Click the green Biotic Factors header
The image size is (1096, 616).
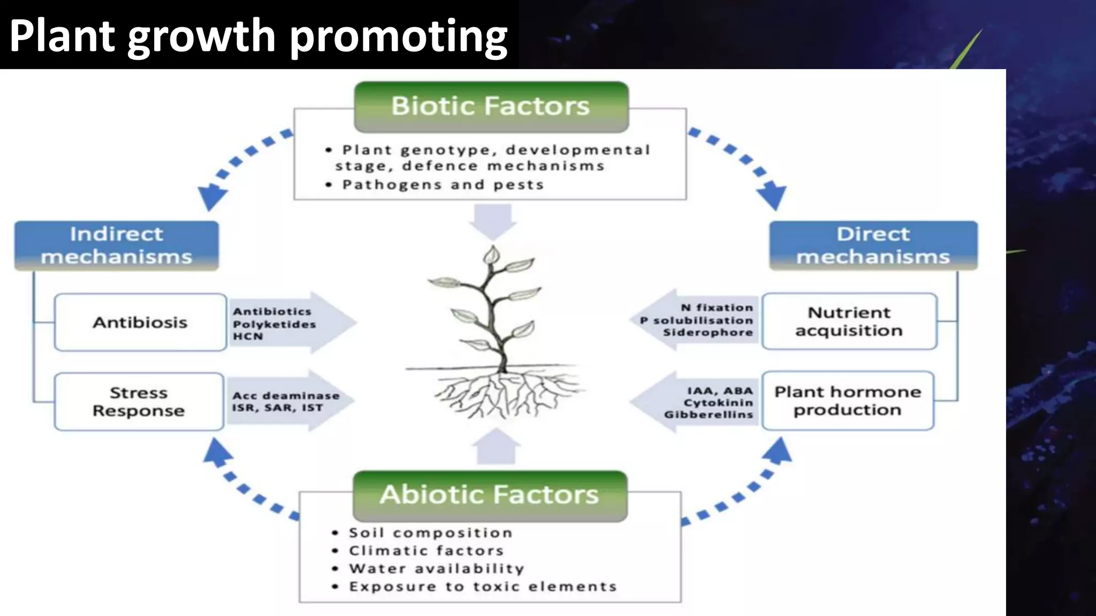(491, 106)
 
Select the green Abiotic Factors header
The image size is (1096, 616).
(490, 495)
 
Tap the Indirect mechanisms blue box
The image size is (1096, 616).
(116, 245)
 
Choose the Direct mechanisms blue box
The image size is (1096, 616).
(873, 245)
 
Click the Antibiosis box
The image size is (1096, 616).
(140, 322)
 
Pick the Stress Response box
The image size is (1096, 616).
(139, 402)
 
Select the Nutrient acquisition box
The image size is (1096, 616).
(849, 321)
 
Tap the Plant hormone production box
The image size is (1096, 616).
(848, 401)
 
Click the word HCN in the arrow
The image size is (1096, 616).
(248, 337)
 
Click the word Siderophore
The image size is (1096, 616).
(707, 333)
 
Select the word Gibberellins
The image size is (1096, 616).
(708, 415)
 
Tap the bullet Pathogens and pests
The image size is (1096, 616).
(443, 185)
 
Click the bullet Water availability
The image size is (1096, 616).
(436, 568)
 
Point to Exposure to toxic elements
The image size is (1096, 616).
(483, 587)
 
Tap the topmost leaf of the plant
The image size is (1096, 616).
(491, 256)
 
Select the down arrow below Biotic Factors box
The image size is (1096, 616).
(493, 221)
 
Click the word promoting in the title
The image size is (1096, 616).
(399, 36)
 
